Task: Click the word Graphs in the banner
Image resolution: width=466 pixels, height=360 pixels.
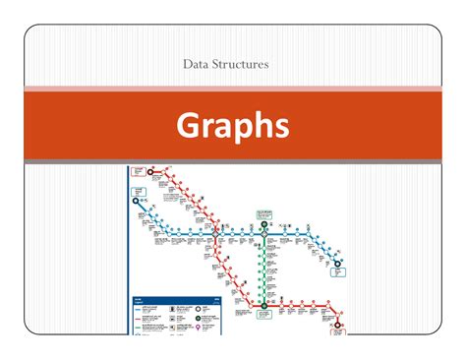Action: tap(233, 125)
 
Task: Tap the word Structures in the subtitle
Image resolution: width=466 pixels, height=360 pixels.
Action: tap(249, 65)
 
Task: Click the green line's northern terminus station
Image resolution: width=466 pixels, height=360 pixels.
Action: tap(264, 224)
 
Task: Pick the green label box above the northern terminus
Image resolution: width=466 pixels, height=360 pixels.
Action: tap(264, 213)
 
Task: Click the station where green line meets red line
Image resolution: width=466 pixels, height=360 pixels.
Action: tap(264, 306)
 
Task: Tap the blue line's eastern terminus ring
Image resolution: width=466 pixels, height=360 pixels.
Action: tap(337, 263)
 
